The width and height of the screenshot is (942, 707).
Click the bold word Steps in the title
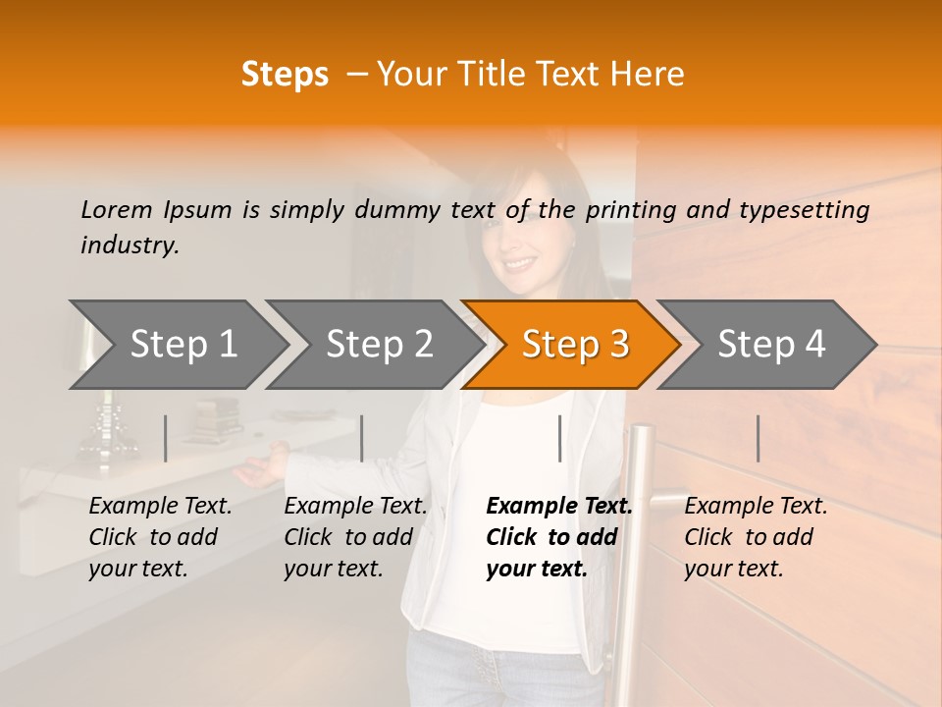point(285,75)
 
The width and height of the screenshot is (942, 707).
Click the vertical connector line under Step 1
point(165,438)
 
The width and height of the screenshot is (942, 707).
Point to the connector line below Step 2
point(362,438)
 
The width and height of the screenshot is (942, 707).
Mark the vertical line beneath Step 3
point(559,438)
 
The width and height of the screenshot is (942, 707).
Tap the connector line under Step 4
point(758,438)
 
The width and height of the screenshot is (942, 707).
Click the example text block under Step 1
point(160,537)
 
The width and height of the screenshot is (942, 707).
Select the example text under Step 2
point(355,537)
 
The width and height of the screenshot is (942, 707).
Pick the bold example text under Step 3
point(558,537)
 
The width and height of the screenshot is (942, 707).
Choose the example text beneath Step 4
point(756,537)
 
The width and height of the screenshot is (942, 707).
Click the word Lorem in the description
point(117,209)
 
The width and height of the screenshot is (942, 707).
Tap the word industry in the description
point(130,245)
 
